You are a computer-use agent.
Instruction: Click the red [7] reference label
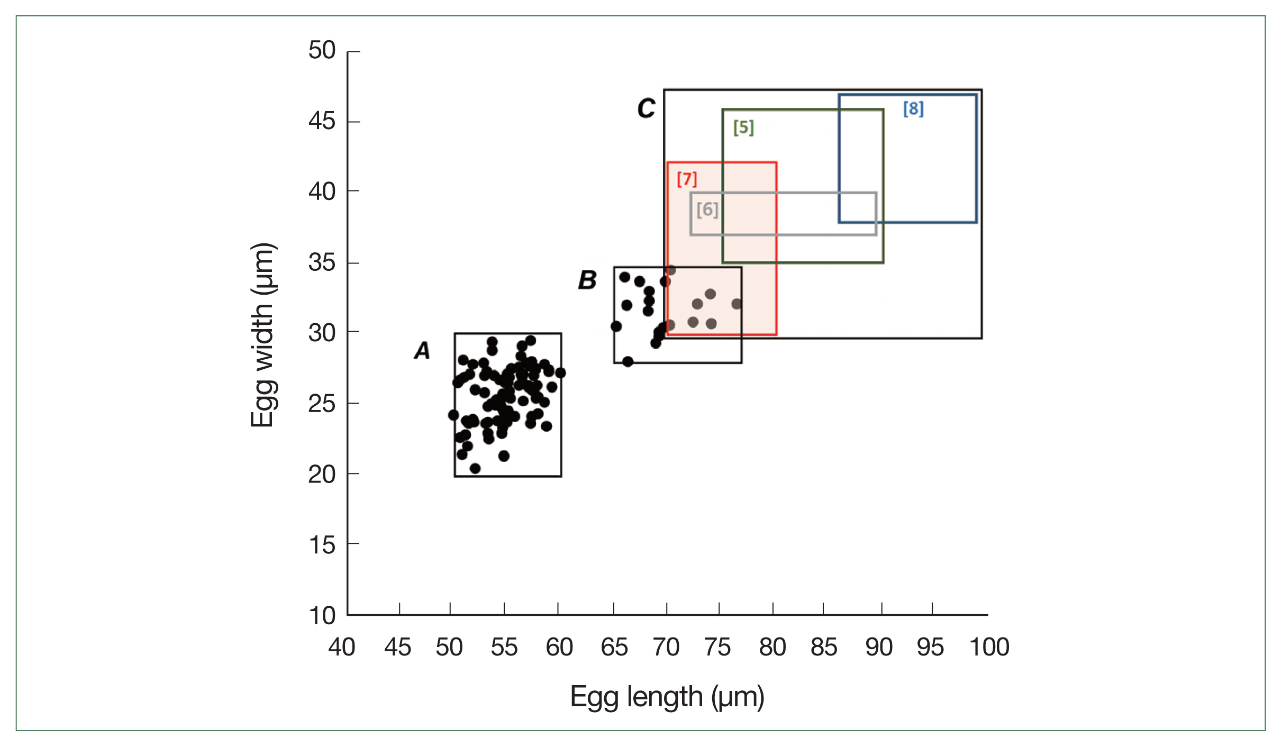(x=687, y=179)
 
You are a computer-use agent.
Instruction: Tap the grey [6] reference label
(x=707, y=210)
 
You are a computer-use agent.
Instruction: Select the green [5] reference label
(x=743, y=127)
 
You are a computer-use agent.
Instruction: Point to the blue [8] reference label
(x=913, y=109)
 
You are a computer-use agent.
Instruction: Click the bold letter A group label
(x=422, y=350)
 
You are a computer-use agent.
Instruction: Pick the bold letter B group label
(x=587, y=280)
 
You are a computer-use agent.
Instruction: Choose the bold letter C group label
(x=646, y=108)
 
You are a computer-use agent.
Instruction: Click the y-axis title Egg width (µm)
(x=262, y=335)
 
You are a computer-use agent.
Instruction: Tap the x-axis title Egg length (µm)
(x=667, y=697)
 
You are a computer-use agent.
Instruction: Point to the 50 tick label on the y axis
(x=322, y=50)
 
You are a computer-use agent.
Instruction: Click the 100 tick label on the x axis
(x=989, y=647)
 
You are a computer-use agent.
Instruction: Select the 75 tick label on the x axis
(x=717, y=647)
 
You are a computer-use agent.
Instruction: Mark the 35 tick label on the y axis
(x=322, y=262)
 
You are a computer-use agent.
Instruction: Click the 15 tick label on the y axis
(x=322, y=545)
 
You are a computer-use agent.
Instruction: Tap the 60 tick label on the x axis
(x=559, y=647)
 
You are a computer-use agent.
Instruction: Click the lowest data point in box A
(x=475, y=468)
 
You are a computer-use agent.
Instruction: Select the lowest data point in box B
(x=628, y=362)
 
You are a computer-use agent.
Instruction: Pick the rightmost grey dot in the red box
(x=737, y=304)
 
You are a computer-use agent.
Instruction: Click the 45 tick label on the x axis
(x=397, y=647)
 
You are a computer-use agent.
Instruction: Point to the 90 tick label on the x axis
(x=879, y=647)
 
